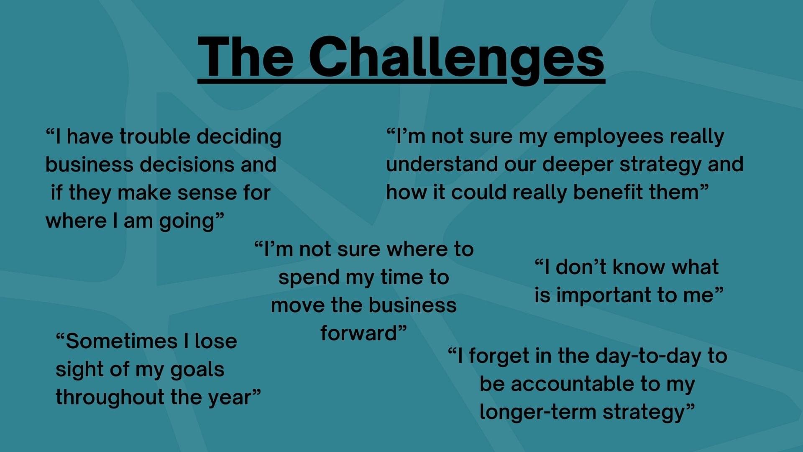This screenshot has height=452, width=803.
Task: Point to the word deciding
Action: (x=239, y=137)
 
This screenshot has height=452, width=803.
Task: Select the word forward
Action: (x=358, y=334)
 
